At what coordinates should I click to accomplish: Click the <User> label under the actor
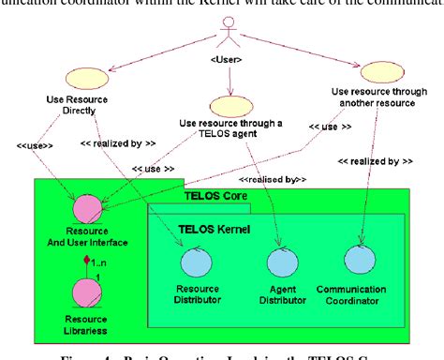click(x=225, y=62)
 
